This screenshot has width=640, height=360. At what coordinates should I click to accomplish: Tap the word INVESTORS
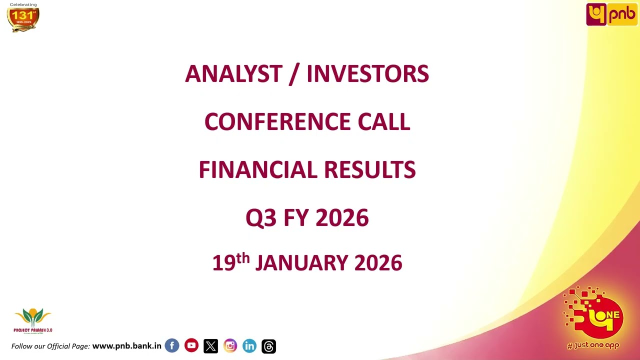coord(367,74)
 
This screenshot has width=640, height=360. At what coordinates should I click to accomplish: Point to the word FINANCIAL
coord(257,170)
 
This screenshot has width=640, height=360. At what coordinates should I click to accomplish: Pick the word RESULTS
coord(369,170)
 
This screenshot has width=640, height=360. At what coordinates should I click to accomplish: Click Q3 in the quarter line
coord(260,218)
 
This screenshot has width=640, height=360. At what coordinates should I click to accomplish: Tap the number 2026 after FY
coord(342,218)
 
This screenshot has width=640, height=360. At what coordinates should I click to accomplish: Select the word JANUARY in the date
coord(301,263)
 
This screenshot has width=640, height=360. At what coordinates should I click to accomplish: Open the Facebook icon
coord(172,345)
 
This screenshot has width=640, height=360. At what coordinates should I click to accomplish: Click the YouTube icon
coord(191,345)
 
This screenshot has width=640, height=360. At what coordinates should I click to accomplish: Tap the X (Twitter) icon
coord(210,346)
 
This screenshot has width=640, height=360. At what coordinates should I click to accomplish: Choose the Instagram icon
coord(230,345)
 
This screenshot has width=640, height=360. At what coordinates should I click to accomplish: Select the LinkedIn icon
coord(249,346)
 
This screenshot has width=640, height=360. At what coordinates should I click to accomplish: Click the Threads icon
coord(268,346)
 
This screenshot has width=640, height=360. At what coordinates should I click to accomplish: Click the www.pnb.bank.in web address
coord(126,346)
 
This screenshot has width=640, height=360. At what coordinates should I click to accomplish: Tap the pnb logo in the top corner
coord(611,14)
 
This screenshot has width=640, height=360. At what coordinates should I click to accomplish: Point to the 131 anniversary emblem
coord(23,18)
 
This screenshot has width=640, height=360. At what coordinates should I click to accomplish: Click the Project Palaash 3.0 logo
coord(33,320)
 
